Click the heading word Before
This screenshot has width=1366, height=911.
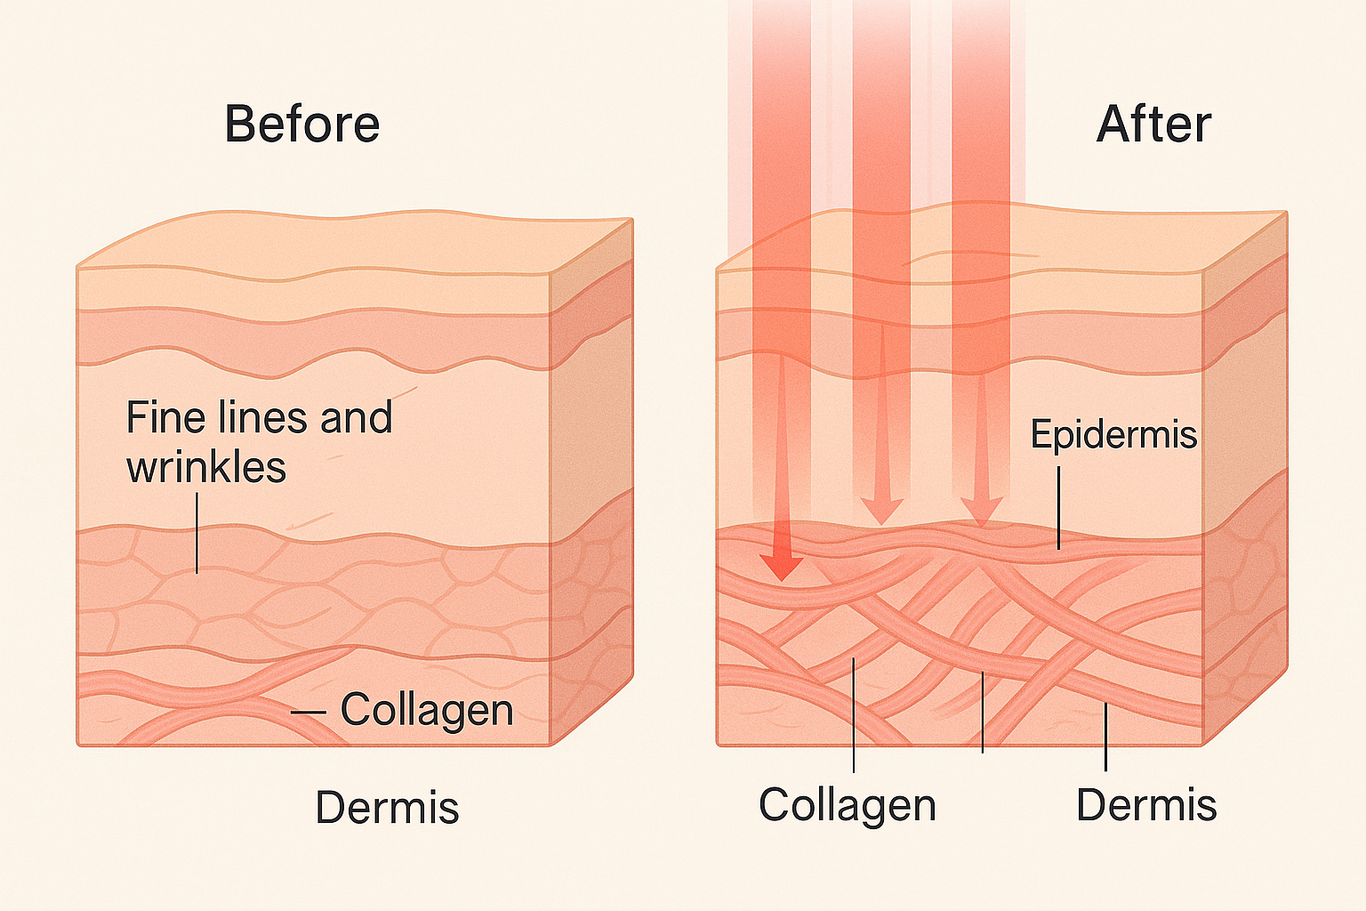click(302, 124)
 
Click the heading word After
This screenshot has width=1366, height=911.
click(1153, 124)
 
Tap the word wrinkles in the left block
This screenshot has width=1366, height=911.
click(206, 467)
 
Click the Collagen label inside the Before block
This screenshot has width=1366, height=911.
click(427, 710)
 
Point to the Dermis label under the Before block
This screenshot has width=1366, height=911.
click(387, 808)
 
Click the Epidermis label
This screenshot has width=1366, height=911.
click(1113, 434)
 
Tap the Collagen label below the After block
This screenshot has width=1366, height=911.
click(847, 804)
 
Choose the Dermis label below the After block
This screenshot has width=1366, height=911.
click(1145, 804)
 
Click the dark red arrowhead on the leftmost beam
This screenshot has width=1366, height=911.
click(782, 567)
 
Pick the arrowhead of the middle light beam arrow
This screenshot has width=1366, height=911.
click(881, 511)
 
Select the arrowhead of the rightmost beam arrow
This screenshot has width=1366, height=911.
click(982, 512)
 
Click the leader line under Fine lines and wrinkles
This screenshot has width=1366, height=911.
click(197, 534)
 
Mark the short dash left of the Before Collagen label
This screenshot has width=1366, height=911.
click(309, 713)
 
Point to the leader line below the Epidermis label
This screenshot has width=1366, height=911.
click(1059, 507)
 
